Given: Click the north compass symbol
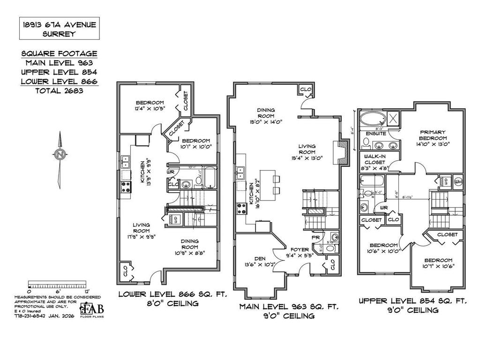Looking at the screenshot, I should (x=60, y=154).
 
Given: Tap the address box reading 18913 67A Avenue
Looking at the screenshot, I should (x=60, y=28).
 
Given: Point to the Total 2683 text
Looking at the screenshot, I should (x=59, y=90).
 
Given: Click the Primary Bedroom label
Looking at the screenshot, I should (x=433, y=135).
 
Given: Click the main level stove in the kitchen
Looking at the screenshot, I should (x=242, y=208).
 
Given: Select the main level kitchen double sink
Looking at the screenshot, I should (x=241, y=173).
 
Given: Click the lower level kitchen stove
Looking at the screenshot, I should (x=126, y=186).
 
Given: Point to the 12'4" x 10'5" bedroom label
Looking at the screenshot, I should (x=150, y=106).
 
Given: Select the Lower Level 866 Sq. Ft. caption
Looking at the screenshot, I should (x=172, y=299).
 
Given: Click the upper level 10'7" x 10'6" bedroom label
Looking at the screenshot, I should (x=439, y=263).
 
